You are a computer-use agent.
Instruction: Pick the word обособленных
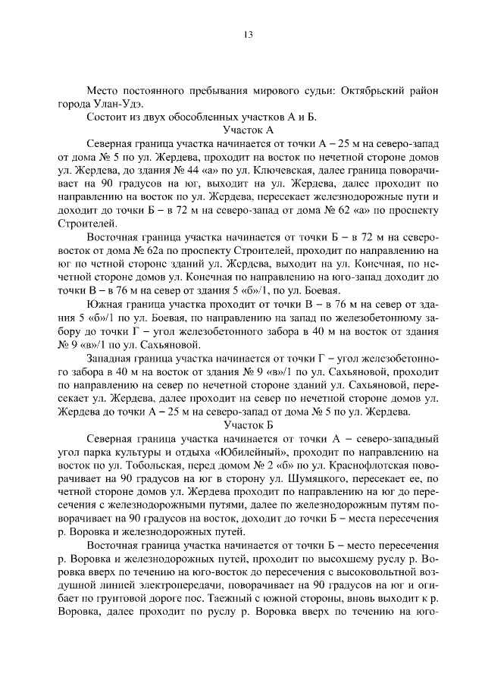tap(216, 117)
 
